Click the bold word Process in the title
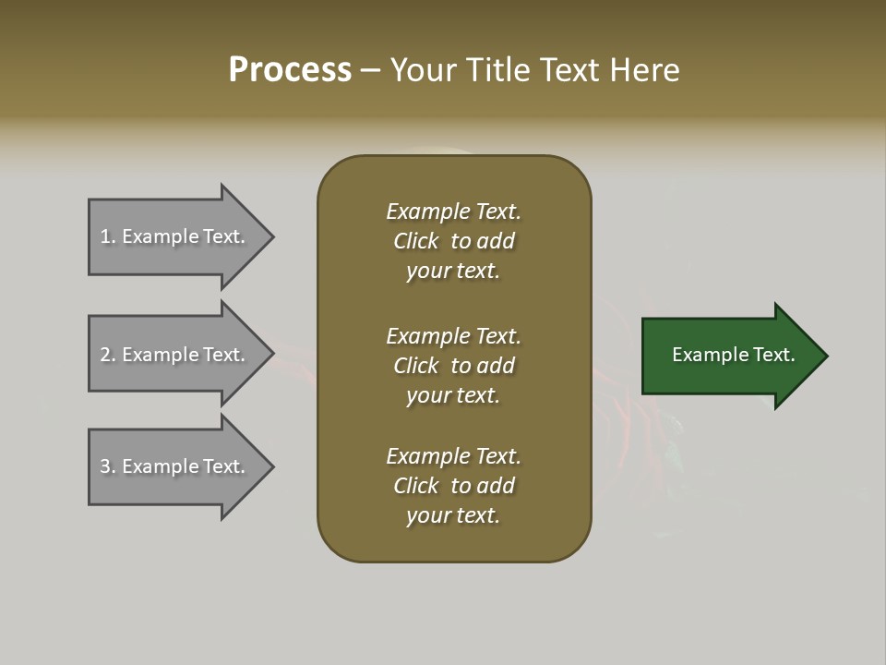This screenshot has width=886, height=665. click(290, 70)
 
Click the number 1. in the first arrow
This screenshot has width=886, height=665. click(108, 236)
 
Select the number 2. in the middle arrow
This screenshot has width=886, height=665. click(108, 355)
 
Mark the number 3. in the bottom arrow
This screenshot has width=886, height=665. click(108, 466)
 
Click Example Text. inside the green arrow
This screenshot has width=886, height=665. click(733, 355)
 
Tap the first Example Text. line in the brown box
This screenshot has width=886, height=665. click(453, 212)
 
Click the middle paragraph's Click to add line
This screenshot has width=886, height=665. click(453, 366)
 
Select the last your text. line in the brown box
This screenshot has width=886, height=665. click(453, 515)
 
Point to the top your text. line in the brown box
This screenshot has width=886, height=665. click(453, 271)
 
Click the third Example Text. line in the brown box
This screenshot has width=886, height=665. click(453, 456)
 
